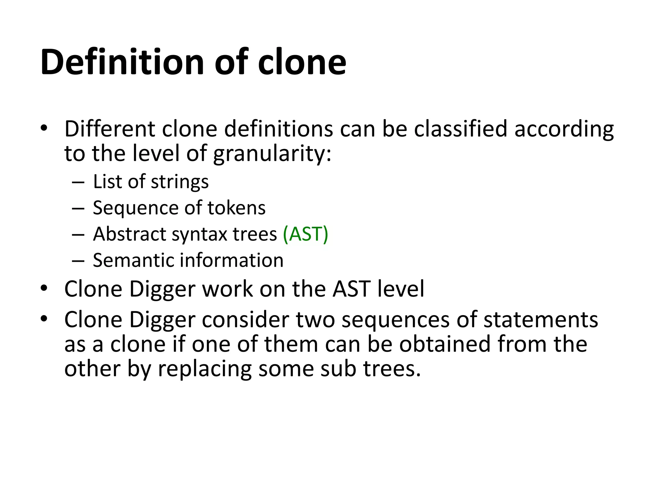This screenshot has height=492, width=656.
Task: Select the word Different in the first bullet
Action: point(110,129)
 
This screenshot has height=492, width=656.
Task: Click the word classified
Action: point(461,129)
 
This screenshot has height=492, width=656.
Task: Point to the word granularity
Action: point(272,154)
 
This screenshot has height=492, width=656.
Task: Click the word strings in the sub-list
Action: point(180,182)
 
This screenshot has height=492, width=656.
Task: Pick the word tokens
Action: point(237,208)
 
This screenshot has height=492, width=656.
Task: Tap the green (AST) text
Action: point(306,234)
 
